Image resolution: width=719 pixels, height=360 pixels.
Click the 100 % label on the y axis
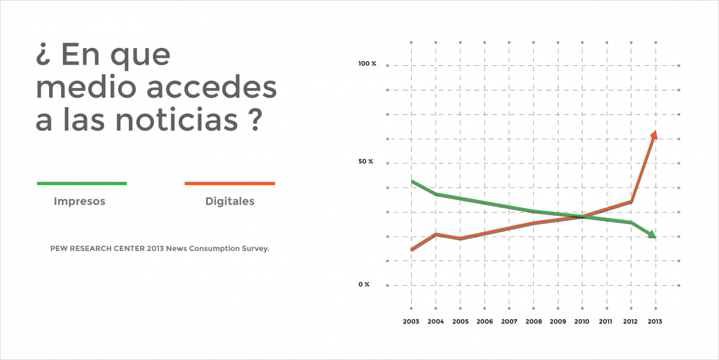pos(367,63)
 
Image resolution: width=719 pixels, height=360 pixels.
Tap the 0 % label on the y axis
pos(364,285)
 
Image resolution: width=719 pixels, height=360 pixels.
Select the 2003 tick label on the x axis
pos(411,322)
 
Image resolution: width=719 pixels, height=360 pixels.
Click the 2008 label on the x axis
pos(533,322)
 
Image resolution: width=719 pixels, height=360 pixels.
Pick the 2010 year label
pos(582,322)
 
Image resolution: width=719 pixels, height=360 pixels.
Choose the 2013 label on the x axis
pos(655,322)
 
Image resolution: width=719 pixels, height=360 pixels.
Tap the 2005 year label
pos(460,322)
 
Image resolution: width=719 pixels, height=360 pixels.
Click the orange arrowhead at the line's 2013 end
pos(654,134)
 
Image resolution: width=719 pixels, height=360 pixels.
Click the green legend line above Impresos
pos(82,183)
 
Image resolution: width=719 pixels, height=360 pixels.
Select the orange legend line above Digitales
pos(229,183)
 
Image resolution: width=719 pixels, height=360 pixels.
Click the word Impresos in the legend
pos(80,201)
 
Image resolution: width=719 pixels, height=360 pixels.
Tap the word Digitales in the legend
pos(229,201)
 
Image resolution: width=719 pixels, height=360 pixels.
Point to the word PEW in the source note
pos(59,247)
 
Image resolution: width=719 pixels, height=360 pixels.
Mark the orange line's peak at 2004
pos(436,234)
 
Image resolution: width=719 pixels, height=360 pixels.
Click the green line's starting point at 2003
pos(412,181)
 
